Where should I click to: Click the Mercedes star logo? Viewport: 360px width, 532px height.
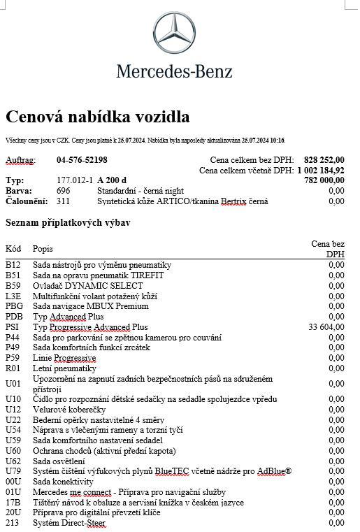click(x=174, y=31)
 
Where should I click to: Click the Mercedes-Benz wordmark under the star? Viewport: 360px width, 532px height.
click(x=174, y=70)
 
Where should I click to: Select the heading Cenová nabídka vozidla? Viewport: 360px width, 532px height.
click(x=97, y=116)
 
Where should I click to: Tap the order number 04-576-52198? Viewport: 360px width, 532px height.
click(x=82, y=160)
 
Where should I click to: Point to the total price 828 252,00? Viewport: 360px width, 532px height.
click(x=324, y=160)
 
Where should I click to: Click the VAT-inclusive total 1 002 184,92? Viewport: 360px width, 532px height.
click(x=321, y=170)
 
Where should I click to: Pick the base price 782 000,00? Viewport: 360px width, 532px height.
click(x=324, y=180)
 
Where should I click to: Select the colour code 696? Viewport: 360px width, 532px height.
click(x=64, y=190)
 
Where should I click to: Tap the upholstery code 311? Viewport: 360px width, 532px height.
click(x=64, y=201)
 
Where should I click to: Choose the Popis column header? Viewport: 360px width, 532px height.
click(x=43, y=249)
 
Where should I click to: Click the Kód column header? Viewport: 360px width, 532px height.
click(x=13, y=249)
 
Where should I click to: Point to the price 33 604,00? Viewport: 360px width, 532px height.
click(x=326, y=326)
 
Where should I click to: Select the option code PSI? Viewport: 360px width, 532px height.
click(x=13, y=326)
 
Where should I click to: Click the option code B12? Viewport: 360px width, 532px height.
click(x=13, y=265)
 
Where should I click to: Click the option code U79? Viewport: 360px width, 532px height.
click(x=13, y=471)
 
